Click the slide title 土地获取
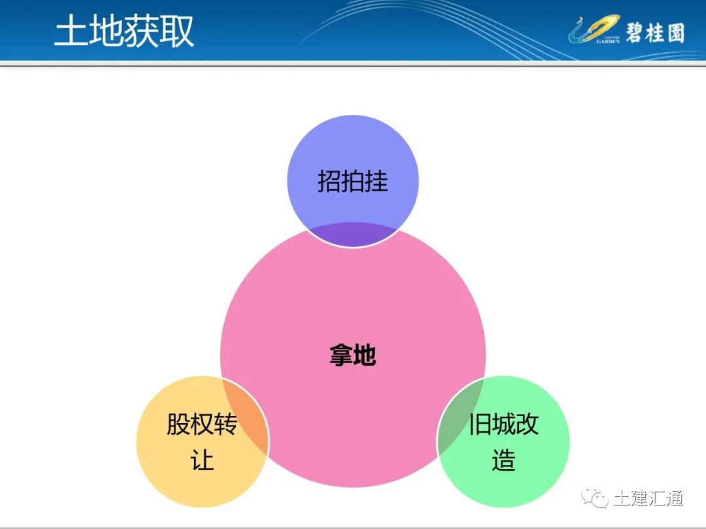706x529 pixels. pos(124,31)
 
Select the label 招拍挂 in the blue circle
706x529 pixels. pos(353,181)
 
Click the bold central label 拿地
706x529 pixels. pos(353,356)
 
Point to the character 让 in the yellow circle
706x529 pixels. pos(202,460)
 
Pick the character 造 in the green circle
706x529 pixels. pos(503,460)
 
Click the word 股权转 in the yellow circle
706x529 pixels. pos(202,425)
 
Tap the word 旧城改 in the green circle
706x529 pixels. pos(503,425)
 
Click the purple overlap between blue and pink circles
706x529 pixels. pos(353,234)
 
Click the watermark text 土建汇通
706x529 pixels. pos(648,499)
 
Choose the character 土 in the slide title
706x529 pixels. pos(71,31)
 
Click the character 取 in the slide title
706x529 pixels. pos(176,31)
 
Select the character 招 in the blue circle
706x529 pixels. pos(329,181)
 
